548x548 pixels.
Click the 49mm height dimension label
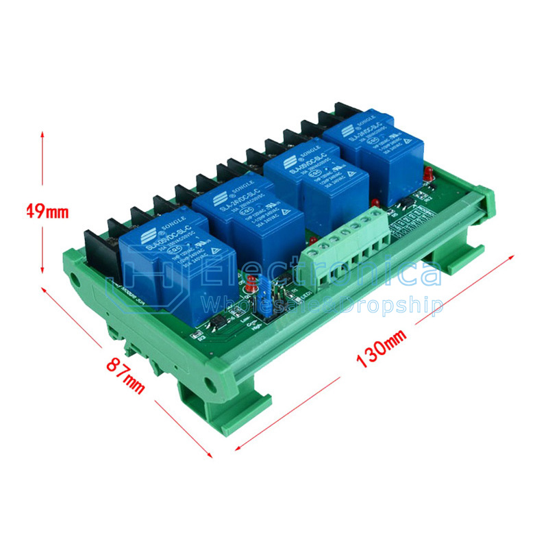46,210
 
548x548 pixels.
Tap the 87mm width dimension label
125,373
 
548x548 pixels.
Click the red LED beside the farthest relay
427,173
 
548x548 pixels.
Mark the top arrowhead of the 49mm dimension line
42,134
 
